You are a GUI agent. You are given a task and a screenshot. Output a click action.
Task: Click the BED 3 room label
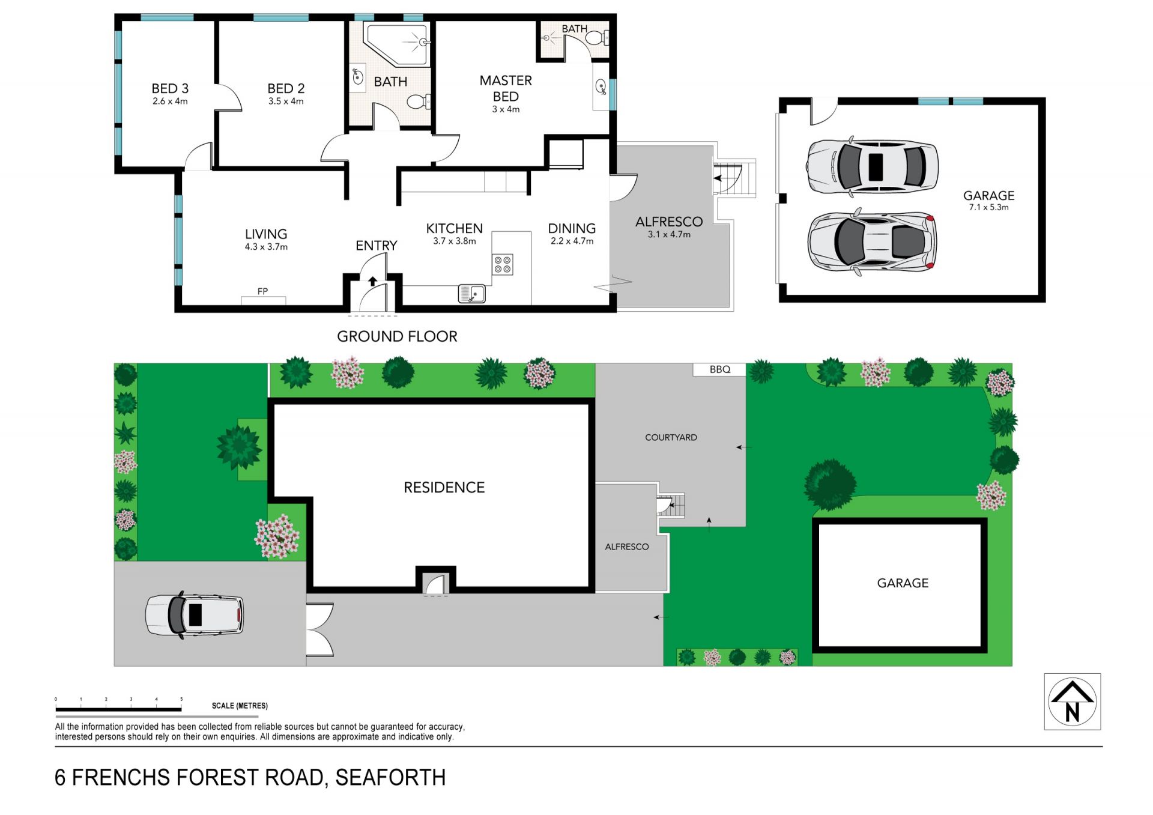pos(170,88)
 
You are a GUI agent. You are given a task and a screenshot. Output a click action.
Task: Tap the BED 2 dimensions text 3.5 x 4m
pos(286,101)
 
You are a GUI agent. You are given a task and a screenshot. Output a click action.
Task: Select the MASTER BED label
pos(506,88)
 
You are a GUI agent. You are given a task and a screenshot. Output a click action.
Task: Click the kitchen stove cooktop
pos(503,264)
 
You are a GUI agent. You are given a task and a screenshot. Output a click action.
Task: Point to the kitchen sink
pos(471,294)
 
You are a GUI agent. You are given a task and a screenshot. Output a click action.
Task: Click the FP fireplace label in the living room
pos(262,291)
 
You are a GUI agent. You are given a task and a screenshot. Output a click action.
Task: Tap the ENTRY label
pos(377,246)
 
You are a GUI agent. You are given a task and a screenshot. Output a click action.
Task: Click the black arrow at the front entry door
pos(373,281)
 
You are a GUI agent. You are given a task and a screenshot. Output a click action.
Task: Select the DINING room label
pos(572,228)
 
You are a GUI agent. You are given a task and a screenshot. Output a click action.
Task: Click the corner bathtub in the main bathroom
pos(398,44)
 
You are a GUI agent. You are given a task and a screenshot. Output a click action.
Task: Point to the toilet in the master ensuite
pos(596,38)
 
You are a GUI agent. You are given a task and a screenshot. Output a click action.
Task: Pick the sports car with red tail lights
pos(872,242)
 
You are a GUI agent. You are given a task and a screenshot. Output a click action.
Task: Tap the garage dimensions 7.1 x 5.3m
pos(988,207)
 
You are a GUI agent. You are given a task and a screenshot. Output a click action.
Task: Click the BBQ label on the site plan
pos(719,369)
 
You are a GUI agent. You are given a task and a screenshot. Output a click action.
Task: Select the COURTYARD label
pos(671,437)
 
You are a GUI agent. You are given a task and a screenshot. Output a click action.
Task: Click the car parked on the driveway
pos(195,614)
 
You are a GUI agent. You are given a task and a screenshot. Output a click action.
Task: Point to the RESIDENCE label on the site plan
pos(444,487)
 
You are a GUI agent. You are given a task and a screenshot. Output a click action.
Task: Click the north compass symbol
pos(1073,701)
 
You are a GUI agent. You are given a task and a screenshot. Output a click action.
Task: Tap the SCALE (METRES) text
pos(240,706)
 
